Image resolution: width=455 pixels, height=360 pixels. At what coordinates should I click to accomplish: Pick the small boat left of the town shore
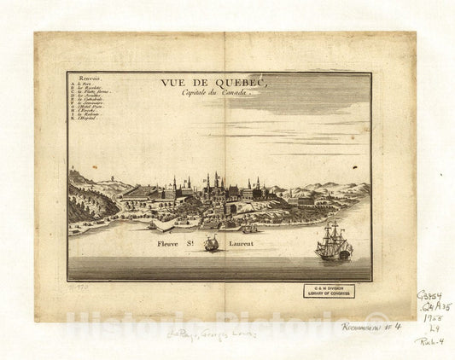pos(152,226)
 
